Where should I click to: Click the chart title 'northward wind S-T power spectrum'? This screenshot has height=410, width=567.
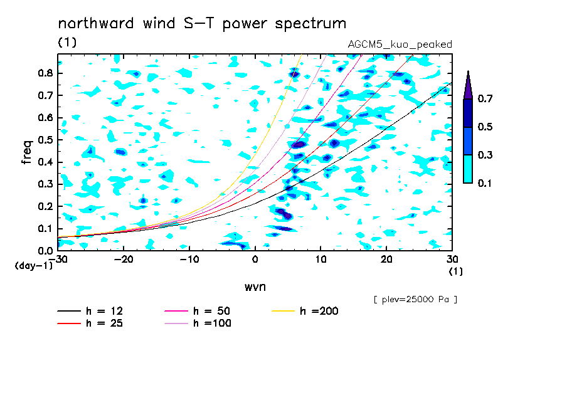(x=202, y=24)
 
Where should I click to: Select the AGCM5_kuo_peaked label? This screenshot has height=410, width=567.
(x=400, y=45)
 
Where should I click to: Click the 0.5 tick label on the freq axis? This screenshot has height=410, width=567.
(x=45, y=140)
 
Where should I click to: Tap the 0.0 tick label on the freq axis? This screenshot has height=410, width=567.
(x=45, y=251)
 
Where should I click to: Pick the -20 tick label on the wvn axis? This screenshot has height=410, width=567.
(x=124, y=260)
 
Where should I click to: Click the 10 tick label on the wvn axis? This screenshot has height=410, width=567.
(x=321, y=260)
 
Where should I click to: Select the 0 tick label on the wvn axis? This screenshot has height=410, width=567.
(x=255, y=260)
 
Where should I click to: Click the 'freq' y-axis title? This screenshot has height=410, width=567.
(x=27, y=152)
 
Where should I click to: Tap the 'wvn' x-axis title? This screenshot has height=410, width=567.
(x=255, y=287)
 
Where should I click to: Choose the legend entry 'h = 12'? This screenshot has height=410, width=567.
(x=90, y=311)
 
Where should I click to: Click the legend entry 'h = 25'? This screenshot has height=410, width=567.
(x=90, y=323)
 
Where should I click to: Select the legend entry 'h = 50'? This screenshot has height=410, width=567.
(x=198, y=311)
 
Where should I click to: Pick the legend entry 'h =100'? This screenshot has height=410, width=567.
(x=198, y=323)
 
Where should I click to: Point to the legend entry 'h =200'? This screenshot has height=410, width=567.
(x=305, y=311)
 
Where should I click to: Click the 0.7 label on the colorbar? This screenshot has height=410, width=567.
(x=485, y=98)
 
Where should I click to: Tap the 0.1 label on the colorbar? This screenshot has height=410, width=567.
(x=485, y=183)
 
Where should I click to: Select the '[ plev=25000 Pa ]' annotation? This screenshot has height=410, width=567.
(x=415, y=300)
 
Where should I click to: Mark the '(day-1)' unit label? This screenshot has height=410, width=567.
(x=34, y=266)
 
